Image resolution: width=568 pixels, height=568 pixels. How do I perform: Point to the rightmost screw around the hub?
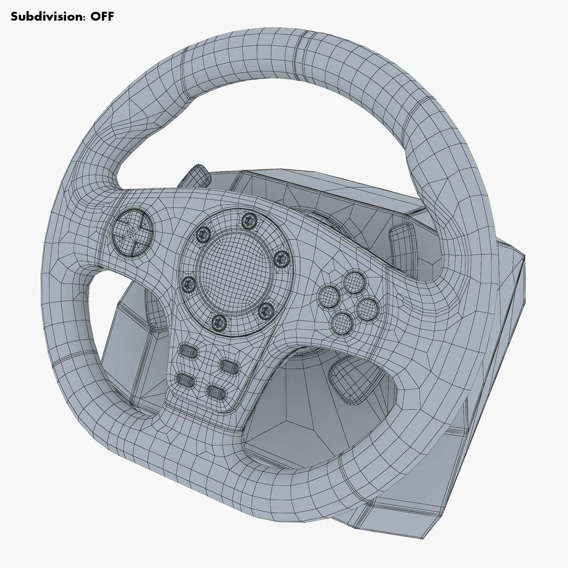[282, 258]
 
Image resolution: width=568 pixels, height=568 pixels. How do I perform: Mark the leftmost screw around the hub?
[188, 285]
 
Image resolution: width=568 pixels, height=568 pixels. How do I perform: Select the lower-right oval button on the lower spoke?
[216, 391]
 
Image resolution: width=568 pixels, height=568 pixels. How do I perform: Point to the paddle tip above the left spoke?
[196, 174]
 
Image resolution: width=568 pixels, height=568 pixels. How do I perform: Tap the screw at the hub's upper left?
[202, 233]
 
